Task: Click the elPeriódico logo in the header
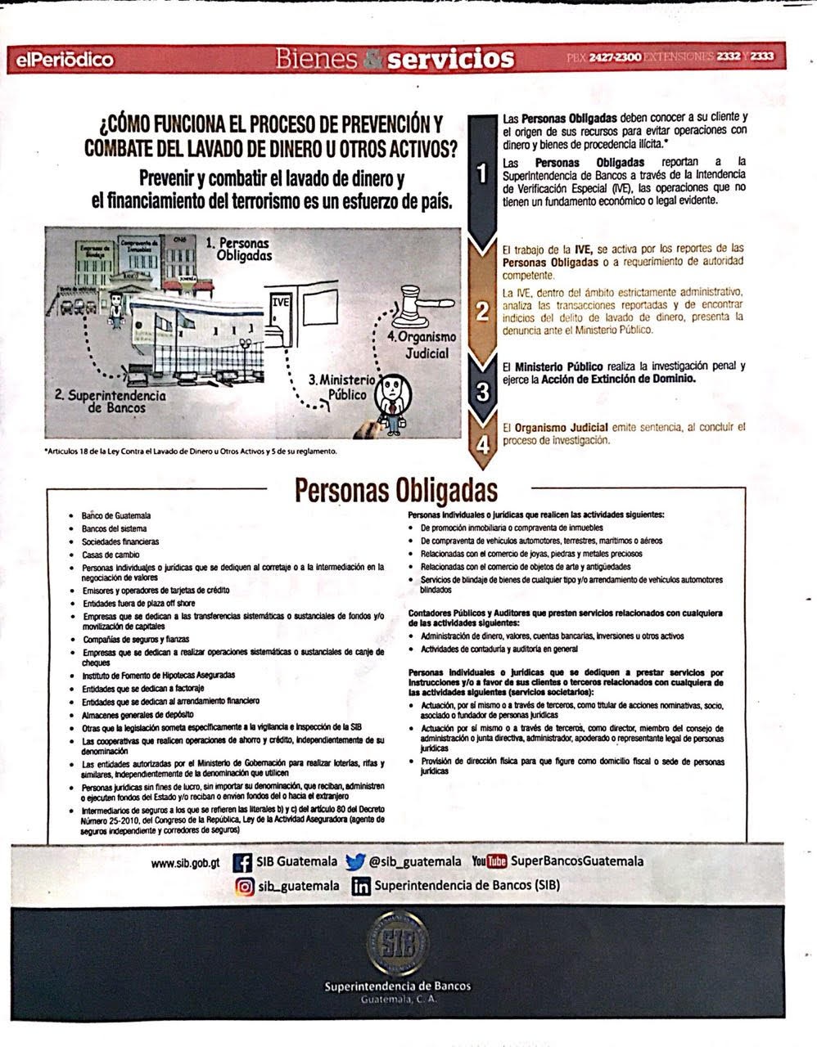(x=62, y=60)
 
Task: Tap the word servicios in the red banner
(x=450, y=59)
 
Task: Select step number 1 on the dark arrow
(x=483, y=173)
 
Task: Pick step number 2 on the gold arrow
(x=483, y=311)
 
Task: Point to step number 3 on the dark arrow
(x=483, y=391)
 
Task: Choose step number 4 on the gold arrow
(x=483, y=444)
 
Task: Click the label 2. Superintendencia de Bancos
(x=110, y=401)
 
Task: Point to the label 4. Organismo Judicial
(x=422, y=345)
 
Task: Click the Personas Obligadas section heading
(x=395, y=490)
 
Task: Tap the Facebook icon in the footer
(x=241, y=862)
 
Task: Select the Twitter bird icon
(x=354, y=862)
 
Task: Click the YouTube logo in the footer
(x=490, y=861)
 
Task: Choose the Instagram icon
(x=245, y=886)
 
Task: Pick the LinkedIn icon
(x=360, y=886)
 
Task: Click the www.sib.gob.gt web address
(x=186, y=862)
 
